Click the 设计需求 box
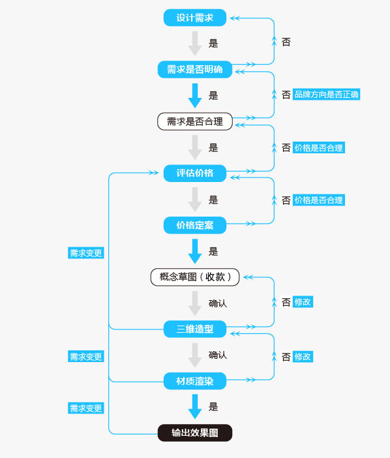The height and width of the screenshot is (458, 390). click(195, 18)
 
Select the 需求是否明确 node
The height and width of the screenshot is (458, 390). click(195, 70)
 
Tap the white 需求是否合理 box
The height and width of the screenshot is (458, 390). click(195, 121)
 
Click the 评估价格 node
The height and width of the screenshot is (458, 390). click(195, 173)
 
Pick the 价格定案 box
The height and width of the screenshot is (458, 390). click(195, 225)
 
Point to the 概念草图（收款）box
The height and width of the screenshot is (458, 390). click(195, 277)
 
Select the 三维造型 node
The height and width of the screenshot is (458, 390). click(195, 329)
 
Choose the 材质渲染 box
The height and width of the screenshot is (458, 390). click(195, 381)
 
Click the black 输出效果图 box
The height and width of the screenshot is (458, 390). click(195, 433)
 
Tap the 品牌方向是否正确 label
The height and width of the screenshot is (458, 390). click(326, 95)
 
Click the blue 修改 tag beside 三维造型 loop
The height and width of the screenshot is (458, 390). click(303, 301)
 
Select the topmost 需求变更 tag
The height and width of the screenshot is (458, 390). click(86, 253)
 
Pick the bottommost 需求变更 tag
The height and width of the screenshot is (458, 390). click(86, 408)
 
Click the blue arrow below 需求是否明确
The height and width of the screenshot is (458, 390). click(195, 96)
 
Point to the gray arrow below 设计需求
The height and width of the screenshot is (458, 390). click(195, 44)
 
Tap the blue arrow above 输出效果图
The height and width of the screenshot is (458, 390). click(195, 406)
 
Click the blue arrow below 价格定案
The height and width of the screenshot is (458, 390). click(195, 251)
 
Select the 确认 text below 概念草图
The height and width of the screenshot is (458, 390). click(217, 303)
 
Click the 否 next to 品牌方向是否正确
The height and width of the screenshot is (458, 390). click(286, 95)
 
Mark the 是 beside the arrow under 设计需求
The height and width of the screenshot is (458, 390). click(213, 44)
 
